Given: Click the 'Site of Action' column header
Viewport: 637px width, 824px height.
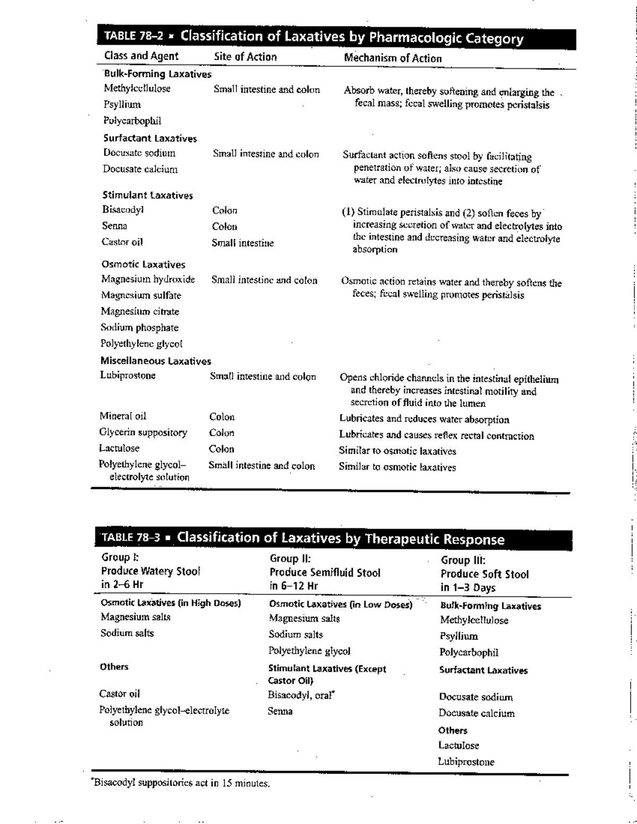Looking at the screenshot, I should pyautogui.click(x=245, y=57).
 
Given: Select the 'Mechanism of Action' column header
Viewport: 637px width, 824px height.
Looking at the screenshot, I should pyautogui.click(x=393, y=58).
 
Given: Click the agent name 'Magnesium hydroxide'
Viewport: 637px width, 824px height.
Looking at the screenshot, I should pyautogui.click(x=148, y=279).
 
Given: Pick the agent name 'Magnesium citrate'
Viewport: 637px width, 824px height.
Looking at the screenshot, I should pyautogui.click(x=140, y=311).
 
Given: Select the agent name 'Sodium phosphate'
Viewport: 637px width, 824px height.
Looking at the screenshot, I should pyautogui.click(x=140, y=327).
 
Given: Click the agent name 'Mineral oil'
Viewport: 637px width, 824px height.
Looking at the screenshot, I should pyautogui.click(x=123, y=416).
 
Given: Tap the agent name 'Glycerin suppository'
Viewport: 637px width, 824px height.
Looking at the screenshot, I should pyautogui.click(x=143, y=432).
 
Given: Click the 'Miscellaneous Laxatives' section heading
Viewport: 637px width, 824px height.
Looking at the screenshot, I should pyautogui.click(x=156, y=361).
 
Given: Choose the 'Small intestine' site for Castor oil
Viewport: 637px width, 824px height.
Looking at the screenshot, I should pyautogui.click(x=243, y=243).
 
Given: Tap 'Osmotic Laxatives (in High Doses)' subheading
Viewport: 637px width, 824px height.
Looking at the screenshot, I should pyautogui.click(x=171, y=603).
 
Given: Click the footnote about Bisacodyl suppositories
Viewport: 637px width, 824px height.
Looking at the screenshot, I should pyautogui.click(x=182, y=783).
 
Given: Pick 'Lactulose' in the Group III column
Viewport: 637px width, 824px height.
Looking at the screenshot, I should pyautogui.click(x=459, y=745).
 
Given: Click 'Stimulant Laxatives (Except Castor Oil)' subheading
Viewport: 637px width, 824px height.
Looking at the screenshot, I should pyautogui.click(x=327, y=674).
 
